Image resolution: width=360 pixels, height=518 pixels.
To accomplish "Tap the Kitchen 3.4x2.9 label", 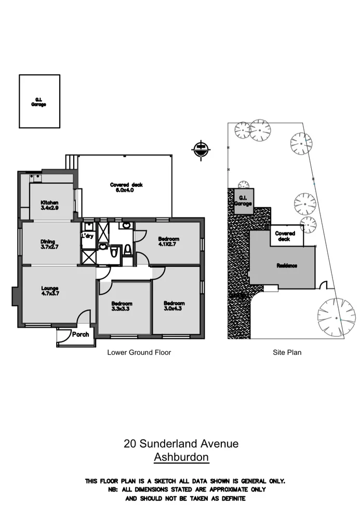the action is tap(50, 205).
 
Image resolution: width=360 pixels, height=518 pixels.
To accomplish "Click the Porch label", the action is tap(81, 334).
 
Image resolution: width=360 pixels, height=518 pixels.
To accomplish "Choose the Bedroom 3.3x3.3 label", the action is tap(122, 306).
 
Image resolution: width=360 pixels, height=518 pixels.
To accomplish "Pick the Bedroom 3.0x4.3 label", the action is tap(174, 306).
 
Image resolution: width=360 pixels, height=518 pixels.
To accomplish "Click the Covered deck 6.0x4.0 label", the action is tap(126, 187).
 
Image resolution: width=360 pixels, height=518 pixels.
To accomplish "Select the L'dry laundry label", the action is tap(87, 235).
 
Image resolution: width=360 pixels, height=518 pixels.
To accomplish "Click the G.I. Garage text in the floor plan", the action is tap(39, 101).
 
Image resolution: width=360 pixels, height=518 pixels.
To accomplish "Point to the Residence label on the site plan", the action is tap(287, 266).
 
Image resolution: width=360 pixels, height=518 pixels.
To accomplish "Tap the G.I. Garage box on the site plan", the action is tap(243, 200).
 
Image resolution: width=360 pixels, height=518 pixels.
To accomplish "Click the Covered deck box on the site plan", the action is tap(285, 236).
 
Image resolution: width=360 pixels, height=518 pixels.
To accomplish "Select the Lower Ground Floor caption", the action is tap(139, 352).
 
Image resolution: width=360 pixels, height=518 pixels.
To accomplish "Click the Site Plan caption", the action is tap(287, 352).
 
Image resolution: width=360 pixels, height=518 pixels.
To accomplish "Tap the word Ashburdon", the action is tap(181, 457).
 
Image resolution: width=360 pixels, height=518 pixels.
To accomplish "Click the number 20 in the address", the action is tap(130, 444).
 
